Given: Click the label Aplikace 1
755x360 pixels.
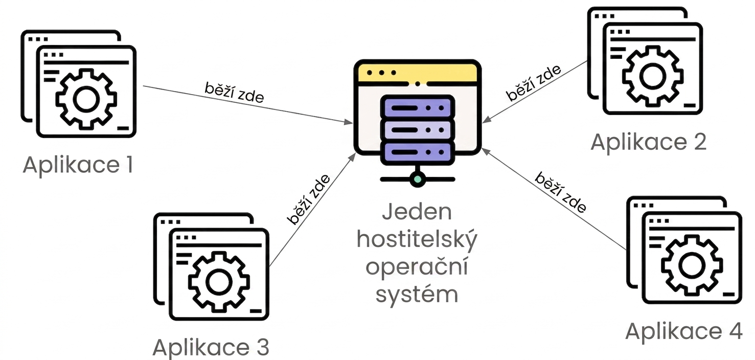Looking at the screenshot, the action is [x=78, y=165].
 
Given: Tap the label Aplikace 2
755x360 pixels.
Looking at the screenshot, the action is [x=648, y=142].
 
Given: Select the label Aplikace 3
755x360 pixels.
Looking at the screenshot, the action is [x=211, y=347].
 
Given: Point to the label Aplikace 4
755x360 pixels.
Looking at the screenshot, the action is [x=684, y=331].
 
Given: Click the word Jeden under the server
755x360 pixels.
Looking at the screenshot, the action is [x=417, y=212].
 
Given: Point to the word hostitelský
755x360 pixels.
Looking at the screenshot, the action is [x=417, y=240].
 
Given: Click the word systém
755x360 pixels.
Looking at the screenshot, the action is [x=417, y=294].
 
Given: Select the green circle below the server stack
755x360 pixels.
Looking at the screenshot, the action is [x=418, y=179].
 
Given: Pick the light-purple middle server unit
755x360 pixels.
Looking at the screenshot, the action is [x=418, y=130].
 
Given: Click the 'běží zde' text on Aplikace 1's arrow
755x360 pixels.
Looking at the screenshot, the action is [x=235, y=93].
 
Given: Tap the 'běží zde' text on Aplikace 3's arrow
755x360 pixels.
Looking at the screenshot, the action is [x=308, y=199].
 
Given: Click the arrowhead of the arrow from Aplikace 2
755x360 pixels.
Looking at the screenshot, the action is [x=487, y=120].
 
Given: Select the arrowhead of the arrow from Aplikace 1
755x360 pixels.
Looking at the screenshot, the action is [x=348, y=122].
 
